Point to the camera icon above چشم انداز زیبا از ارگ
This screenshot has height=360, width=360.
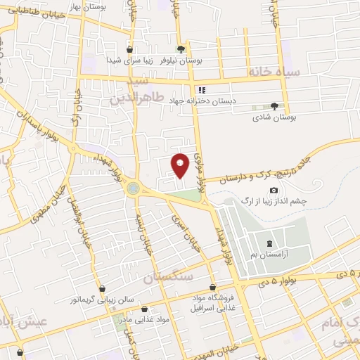274,191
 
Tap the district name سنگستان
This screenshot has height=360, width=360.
168,278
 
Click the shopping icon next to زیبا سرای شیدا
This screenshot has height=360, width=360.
130,49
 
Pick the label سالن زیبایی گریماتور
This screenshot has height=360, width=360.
103,301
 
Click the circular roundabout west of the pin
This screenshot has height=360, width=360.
134,188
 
